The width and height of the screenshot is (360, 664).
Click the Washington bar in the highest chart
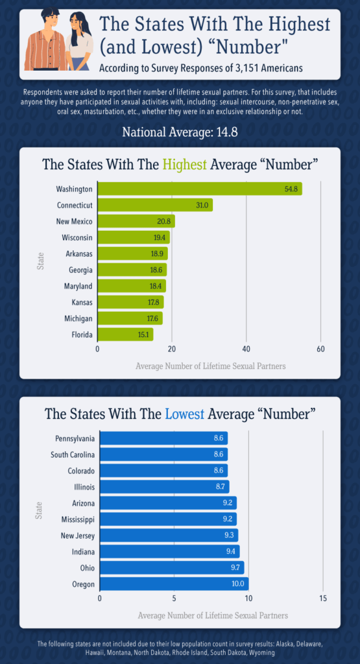(199, 189)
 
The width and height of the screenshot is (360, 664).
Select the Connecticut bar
(154, 205)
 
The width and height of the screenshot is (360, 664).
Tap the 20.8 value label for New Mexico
(164, 221)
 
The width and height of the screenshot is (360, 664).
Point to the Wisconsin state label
(77, 237)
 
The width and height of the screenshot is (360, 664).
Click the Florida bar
(125, 335)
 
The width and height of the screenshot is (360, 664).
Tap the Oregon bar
(173, 584)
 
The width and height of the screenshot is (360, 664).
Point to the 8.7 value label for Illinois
(219, 486)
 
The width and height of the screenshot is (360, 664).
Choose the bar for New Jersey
(168, 535)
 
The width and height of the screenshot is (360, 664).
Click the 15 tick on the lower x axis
(323, 598)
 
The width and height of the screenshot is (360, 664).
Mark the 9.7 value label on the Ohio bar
(234, 567)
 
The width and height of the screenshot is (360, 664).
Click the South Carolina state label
(73, 454)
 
